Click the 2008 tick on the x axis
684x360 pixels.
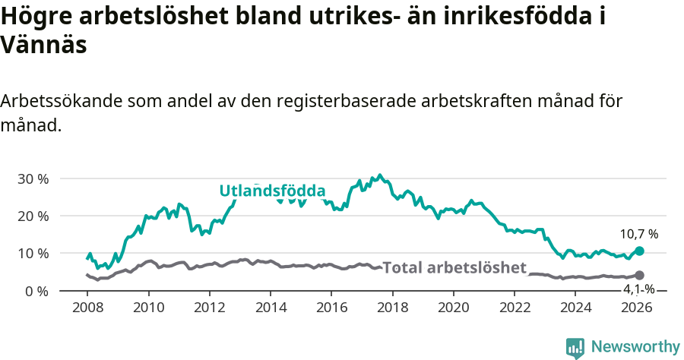[x=87, y=307]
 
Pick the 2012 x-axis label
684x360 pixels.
[x=209, y=307]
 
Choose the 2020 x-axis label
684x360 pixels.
[x=453, y=307]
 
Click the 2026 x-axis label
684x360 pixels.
[x=637, y=307]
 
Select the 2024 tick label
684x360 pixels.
[x=575, y=307]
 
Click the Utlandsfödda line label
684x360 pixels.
[x=272, y=191]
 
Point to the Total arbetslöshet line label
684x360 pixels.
[x=454, y=267]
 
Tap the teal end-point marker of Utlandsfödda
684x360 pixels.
[x=639, y=251]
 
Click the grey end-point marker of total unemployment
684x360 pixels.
[x=639, y=276]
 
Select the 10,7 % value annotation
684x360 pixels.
[x=639, y=234]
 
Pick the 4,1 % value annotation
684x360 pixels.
[x=639, y=289]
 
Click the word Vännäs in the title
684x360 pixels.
[x=43, y=45]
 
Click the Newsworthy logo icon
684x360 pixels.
[x=575, y=347]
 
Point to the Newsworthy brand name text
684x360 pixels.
[x=635, y=347]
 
